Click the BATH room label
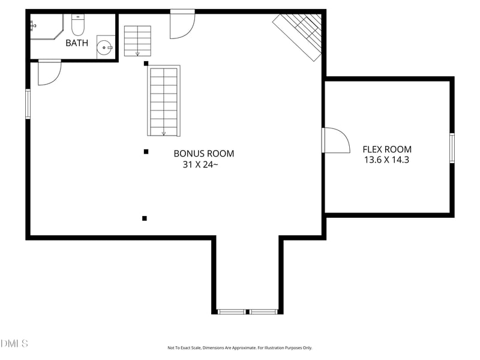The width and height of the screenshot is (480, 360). pos(77,43)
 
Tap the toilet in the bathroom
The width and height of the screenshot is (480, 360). pos(78,25)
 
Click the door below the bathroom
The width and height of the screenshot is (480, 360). pos(49,72)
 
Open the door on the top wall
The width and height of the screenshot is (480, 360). pos(182,24)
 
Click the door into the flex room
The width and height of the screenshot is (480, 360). pos(335,140)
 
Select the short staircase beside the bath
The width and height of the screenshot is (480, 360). pos(137,41)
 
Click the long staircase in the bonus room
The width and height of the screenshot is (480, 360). pos(164,101)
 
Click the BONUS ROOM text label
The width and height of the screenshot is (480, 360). pos(204,154)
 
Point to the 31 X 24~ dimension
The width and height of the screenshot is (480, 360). pos(200,164)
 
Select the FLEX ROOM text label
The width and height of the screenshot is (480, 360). pos(387,149)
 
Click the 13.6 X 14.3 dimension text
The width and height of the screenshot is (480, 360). pos(387,160)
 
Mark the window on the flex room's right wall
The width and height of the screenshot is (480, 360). pos(452,148)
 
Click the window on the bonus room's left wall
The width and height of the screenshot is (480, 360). pos(28,104)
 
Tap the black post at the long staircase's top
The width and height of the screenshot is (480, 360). pos(146,63)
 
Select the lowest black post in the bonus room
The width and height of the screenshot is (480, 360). pos(145,218)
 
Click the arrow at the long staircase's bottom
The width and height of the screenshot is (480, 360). pos(164,133)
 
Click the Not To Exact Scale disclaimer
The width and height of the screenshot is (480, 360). pos(239,348)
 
